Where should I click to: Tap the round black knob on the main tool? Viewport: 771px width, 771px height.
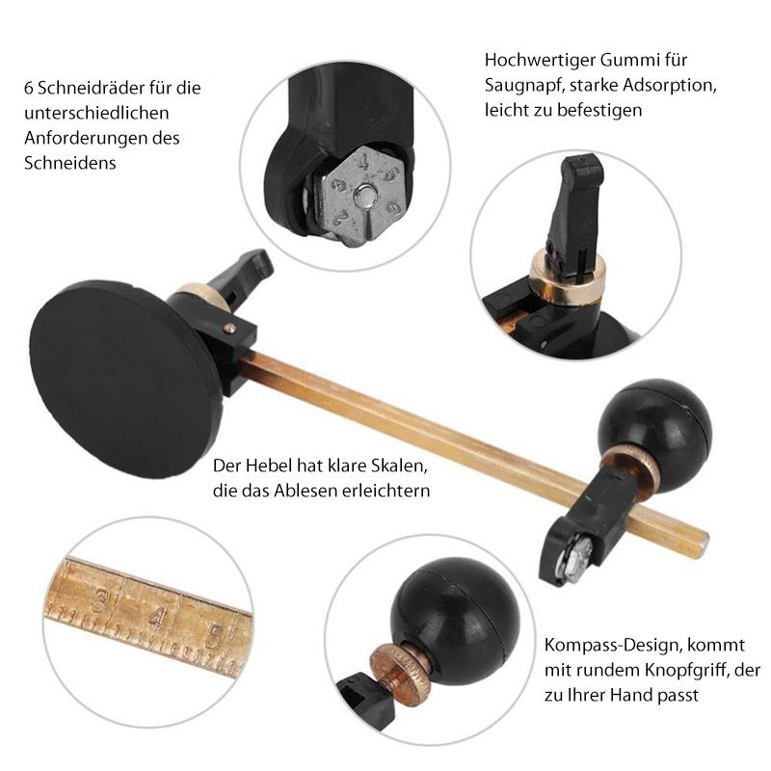[x=655, y=422]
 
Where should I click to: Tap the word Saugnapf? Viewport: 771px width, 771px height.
[x=518, y=85]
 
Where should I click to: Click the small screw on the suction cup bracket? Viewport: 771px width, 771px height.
[x=228, y=328]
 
